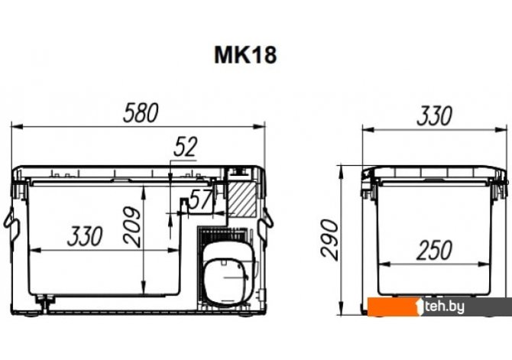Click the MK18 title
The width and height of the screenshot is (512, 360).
click(x=245, y=54)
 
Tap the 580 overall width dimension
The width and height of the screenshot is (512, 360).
click(x=141, y=112)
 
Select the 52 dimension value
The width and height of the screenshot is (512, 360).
click(x=186, y=147)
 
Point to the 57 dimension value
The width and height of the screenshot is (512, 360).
click(x=201, y=199)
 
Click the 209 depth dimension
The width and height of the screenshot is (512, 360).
click(x=132, y=227)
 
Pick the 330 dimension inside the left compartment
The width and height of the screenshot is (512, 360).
click(x=85, y=236)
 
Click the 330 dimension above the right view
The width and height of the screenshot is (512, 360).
click(x=434, y=115)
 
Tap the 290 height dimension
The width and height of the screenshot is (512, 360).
click(x=329, y=239)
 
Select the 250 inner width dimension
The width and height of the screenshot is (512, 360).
click(x=434, y=250)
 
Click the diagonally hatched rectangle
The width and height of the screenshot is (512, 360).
click(x=241, y=199)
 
